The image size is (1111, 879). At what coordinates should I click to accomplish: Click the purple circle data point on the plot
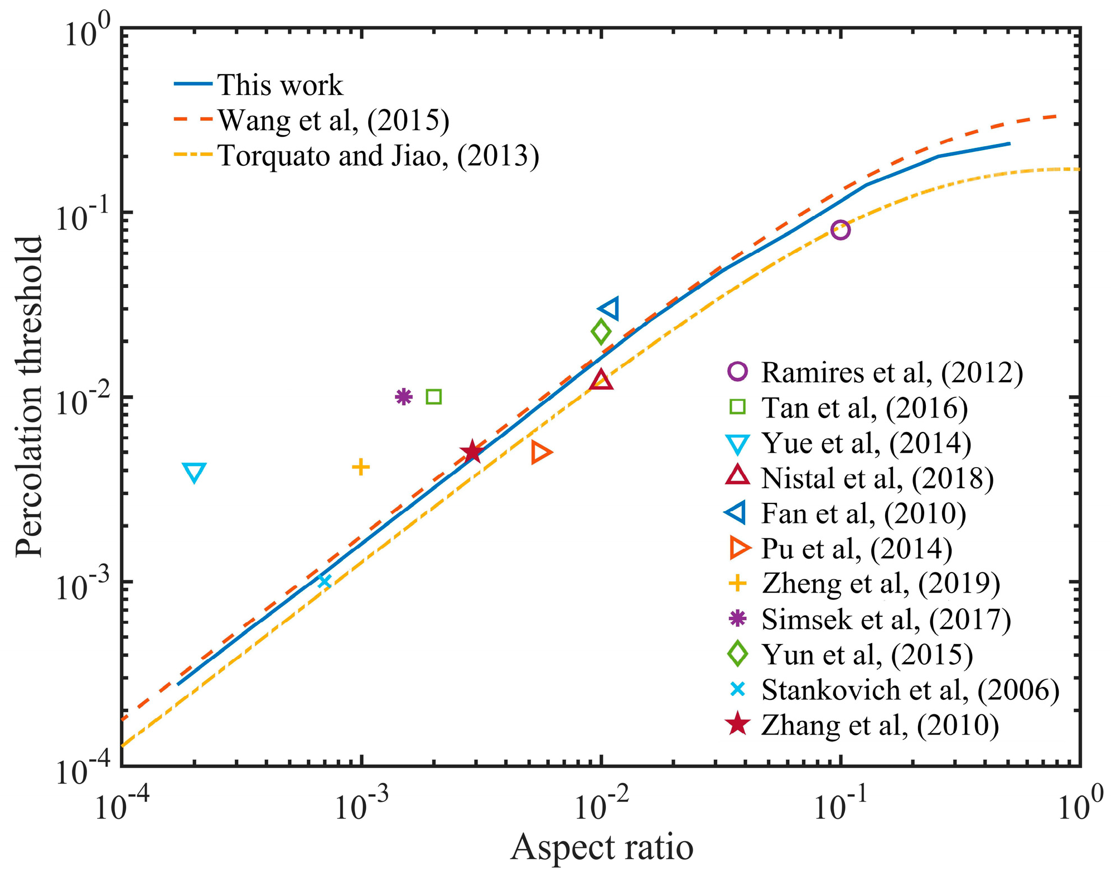(x=840, y=230)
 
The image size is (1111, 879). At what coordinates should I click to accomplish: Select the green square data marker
(x=433, y=397)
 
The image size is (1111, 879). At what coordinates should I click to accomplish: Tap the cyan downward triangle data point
(x=194, y=472)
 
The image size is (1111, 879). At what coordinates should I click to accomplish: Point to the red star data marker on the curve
(x=472, y=451)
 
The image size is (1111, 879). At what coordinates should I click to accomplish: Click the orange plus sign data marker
(x=361, y=467)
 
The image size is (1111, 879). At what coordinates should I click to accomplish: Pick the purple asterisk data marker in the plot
(x=403, y=396)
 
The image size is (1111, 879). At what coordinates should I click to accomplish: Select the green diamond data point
(x=601, y=332)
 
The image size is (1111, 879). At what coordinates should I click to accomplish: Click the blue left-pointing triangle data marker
(x=610, y=308)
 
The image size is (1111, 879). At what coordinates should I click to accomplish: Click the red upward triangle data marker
(x=601, y=381)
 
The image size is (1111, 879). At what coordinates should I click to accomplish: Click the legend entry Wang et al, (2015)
(x=333, y=120)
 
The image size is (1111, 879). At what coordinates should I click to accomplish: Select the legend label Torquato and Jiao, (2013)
(x=378, y=155)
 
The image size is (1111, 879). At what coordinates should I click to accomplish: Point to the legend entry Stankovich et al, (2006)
(x=910, y=690)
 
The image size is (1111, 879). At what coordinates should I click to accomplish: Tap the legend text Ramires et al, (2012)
(x=892, y=372)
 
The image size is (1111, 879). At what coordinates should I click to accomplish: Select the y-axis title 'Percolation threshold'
(x=29, y=396)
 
